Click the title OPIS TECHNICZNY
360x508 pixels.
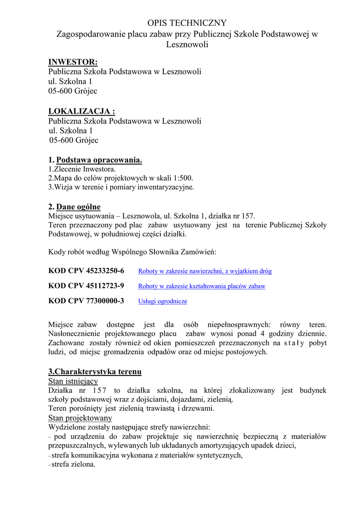click(187, 23)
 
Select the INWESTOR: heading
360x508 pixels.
click(73, 62)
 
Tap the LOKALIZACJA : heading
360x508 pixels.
click(78, 112)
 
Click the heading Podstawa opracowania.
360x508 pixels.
click(99, 160)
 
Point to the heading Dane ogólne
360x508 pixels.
click(78, 207)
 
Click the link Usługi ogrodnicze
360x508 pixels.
click(162, 301)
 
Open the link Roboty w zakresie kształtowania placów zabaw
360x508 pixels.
click(202, 286)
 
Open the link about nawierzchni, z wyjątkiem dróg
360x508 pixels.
click(205, 271)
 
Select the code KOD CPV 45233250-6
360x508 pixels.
click(86, 271)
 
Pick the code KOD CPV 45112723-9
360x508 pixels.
click(86, 286)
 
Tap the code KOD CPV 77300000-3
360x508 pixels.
click(86, 301)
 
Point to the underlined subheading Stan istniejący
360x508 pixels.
click(73, 381)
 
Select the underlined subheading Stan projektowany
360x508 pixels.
click(80, 418)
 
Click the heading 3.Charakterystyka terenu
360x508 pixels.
click(95, 372)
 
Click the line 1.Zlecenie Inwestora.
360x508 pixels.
click(78, 169)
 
